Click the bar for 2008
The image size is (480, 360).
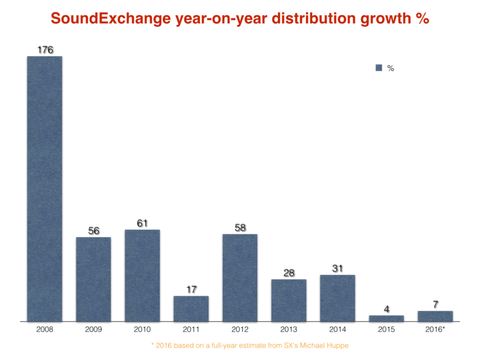45,189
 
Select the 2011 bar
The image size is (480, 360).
191,308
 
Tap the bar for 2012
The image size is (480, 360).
240,278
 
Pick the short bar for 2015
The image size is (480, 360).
386,318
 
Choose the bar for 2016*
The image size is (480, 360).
435,316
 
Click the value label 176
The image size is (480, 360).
45,50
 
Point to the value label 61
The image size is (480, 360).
142,223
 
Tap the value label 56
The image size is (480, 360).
94,230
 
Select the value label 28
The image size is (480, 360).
289,273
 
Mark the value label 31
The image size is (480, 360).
338,269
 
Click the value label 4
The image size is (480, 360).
386,309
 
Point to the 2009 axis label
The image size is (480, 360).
94,330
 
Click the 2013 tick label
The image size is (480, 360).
289,330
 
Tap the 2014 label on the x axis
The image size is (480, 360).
338,330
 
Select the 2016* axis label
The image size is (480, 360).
435,330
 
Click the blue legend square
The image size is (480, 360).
379,68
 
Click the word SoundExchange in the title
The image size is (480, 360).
111,18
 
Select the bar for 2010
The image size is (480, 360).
142,276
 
